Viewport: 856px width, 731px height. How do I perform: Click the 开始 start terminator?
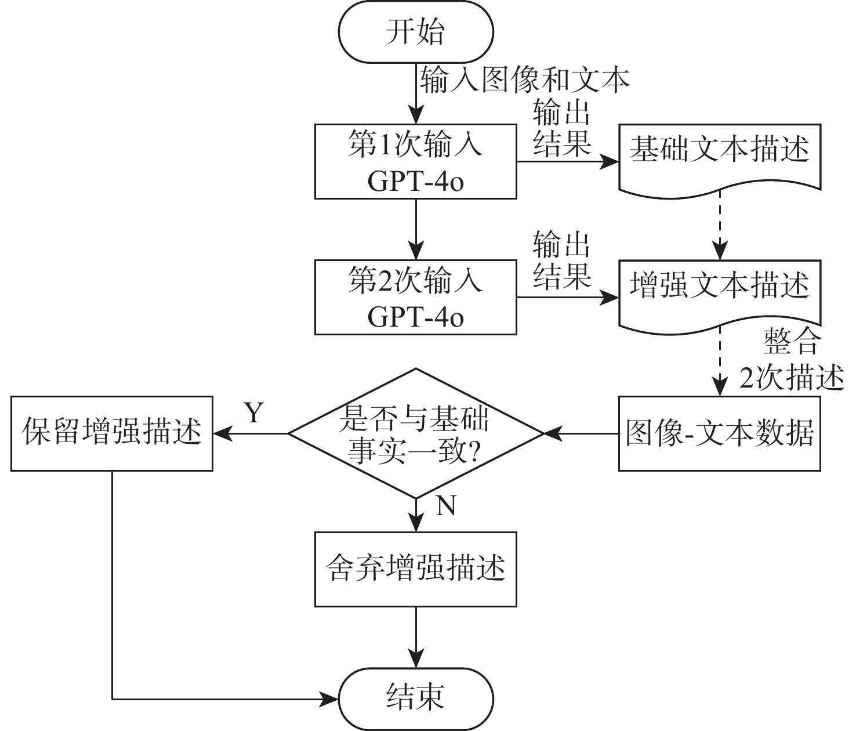pyautogui.click(x=416, y=32)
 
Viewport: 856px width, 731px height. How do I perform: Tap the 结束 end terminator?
pyautogui.click(x=416, y=699)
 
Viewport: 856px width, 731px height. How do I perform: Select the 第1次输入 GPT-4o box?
pyautogui.click(x=416, y=162)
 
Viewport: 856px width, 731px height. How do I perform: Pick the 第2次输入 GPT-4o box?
pyautogui.click(x=416, y=297)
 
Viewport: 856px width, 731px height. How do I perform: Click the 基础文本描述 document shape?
pyautogui.click(x=720, y=160)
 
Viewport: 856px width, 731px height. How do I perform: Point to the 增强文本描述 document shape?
pyautogui.click(x=720, y=295)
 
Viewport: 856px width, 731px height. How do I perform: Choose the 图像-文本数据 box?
pyautogui.click(x=720, y=433)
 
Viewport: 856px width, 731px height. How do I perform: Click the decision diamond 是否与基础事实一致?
pyautogui.click(x=416, y=433)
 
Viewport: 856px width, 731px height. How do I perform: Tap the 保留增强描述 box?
pyautogui.click(x=112, y=433)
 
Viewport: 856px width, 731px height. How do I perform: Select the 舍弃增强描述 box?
pyautogui.click(x=416, y=569)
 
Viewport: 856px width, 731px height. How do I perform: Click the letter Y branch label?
pyautogui.click(x=254, y=412)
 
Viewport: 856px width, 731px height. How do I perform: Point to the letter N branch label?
pyautogui.click(x=446, y=505)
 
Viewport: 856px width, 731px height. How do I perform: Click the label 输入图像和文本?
pyautogui.click(x=525, y=79)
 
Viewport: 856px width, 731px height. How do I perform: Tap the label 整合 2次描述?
pyautogui.click(x=792, y=360)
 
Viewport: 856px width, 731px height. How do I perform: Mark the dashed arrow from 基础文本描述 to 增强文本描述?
pyautogui.click(x=720, y=225)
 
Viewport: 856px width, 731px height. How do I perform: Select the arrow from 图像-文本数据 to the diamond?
pyautogui.click(x=581, y=433)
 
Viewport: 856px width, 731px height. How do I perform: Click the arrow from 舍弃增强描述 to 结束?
pyautogui.click(x=416, y=638)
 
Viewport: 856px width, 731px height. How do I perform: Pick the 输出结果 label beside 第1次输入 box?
pyautogui.click(x=561, y=128)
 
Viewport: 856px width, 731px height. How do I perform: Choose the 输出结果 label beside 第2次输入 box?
pyautogui.click(x=561, y=260)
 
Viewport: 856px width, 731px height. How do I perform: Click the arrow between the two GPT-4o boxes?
pyautogui.click(x=416, y=229)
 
